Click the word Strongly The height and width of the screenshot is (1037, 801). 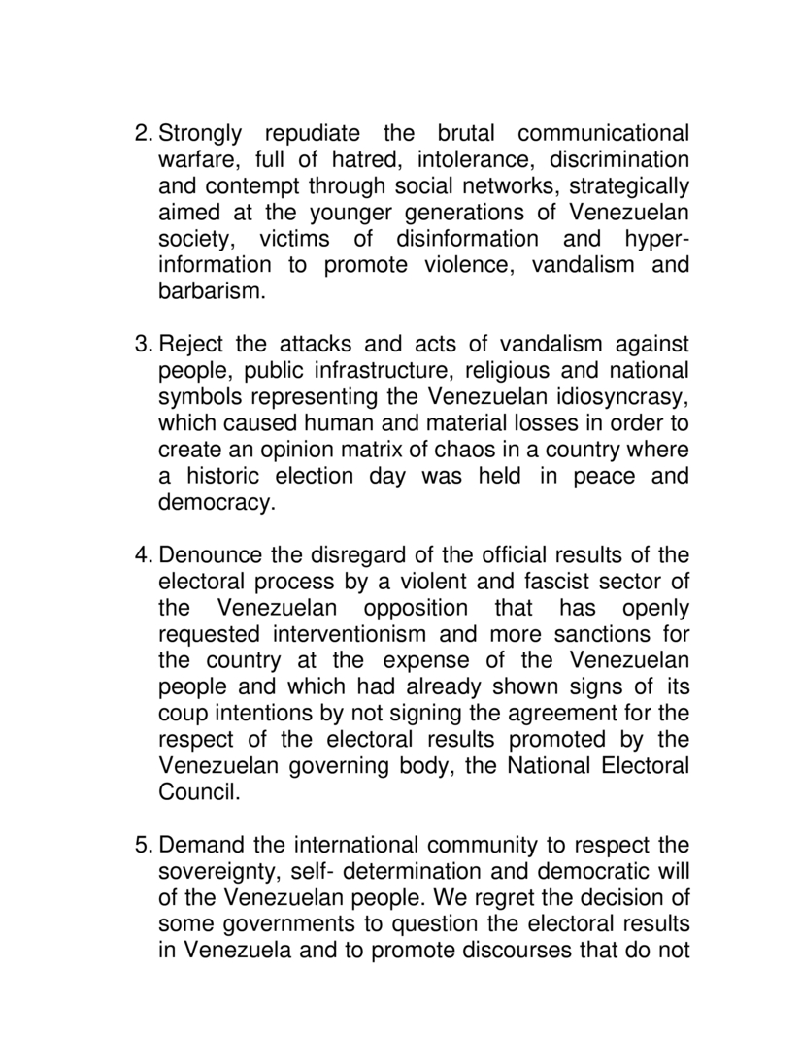(x=202, y=133)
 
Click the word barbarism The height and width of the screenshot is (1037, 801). (x=211, y=291)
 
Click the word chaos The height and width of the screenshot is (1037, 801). (x=484, y=450)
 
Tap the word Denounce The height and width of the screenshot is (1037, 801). (x=206, y=555)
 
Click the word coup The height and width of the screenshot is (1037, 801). (x=181, y=714)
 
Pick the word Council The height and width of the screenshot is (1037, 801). (x=197, y=792)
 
